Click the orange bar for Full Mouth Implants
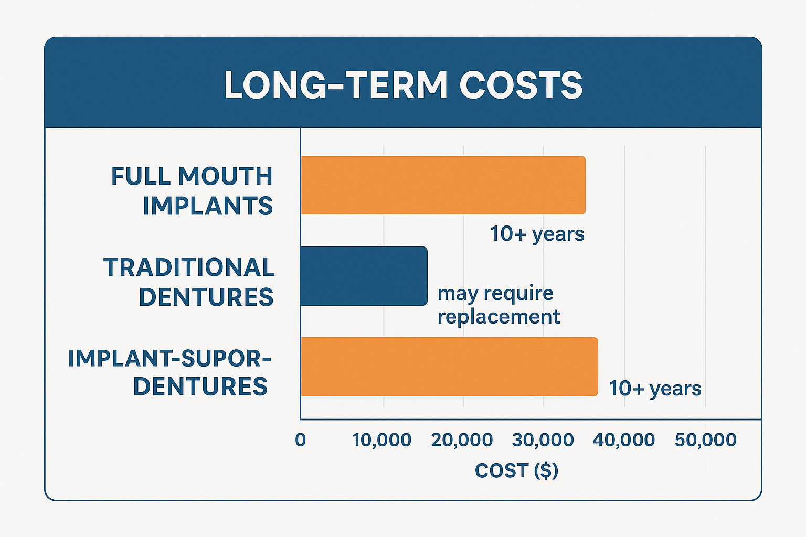tap(443, 185)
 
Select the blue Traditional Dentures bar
tap(364, 276)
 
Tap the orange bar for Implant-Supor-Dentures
tap(449, 367)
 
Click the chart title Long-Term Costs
tap(403, 85)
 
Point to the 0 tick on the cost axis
tap(300, 439)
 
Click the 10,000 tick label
tap(382, 439)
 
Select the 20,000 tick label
tap(462, 439)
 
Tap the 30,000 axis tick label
tap(543, 439)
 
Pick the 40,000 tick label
tap(624, 439)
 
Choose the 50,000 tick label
tap(705, 439)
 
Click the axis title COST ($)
tap(516, 470)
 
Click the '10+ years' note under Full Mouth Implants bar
tap(537, 234)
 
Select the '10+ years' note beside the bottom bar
tap(655, 389)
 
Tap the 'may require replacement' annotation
tap(499, 305)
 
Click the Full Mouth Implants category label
tap(192, 191)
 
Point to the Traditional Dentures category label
tap(189, 282)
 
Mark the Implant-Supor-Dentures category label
tap(169, 372)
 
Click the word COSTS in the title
tap(521, 85)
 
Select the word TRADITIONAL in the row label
tap(189, 267)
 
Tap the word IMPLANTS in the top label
tap(208, 206)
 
